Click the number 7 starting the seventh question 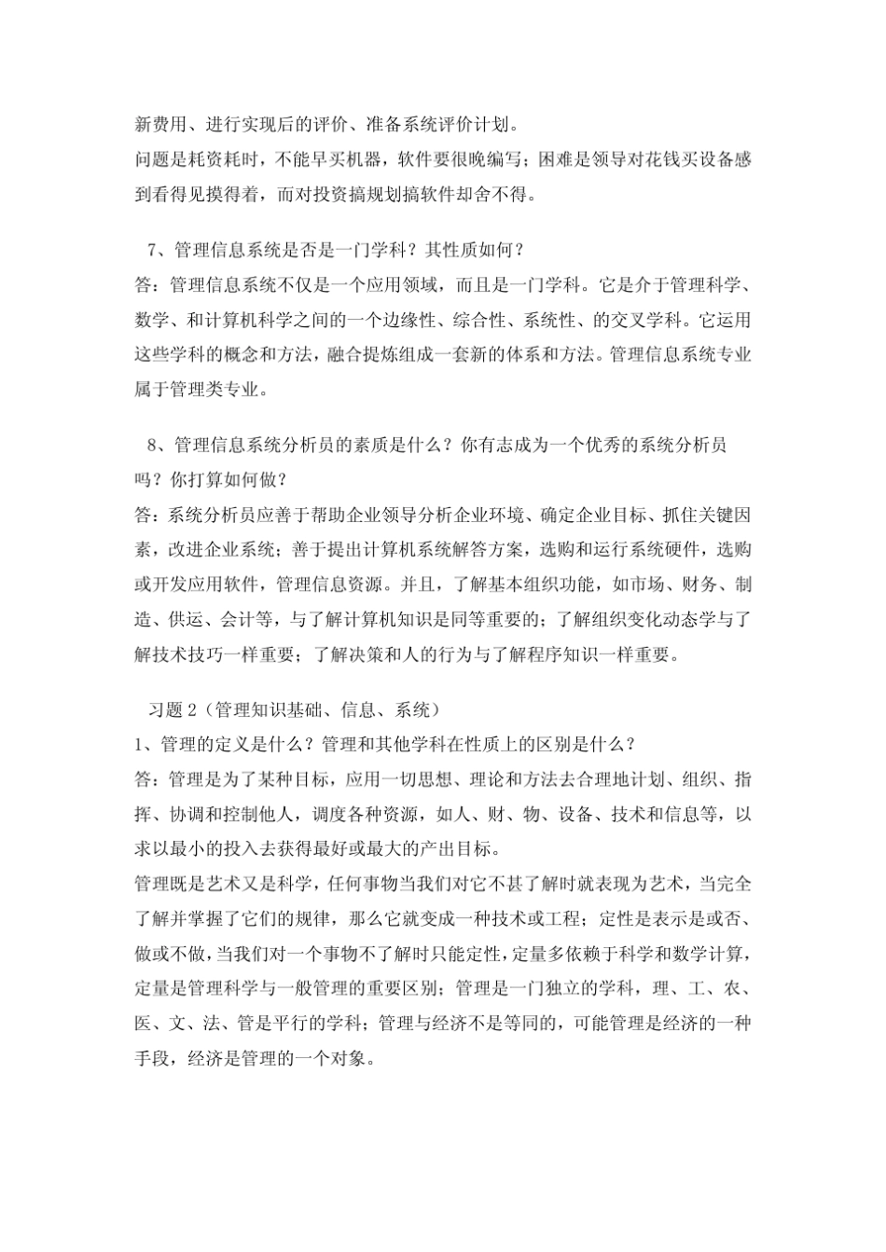pyautogui.click(x=154, y=250)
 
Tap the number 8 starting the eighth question pyautogui.click(x=154, y=446)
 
